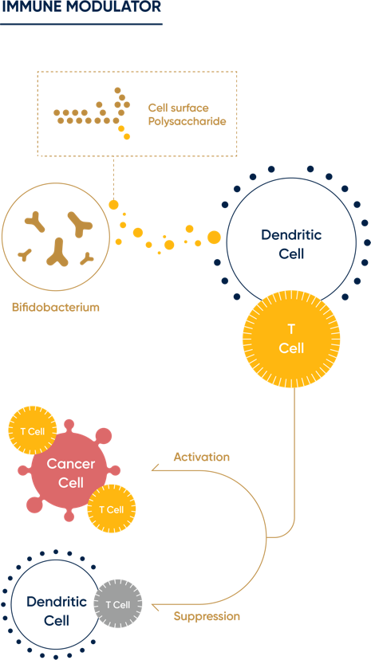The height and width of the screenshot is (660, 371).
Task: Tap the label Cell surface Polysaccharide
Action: [x=187, y=115]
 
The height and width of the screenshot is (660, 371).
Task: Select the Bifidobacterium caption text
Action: [x=55, y=307]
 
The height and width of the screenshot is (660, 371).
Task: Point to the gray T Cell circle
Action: [x=118, y=604]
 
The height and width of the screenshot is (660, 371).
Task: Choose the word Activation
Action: [x=201, y=457]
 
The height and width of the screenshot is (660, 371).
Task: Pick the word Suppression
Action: [x=207, y=616]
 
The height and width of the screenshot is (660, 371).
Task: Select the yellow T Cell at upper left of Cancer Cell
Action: [x=32, y=431]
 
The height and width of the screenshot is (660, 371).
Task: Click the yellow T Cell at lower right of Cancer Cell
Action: [x=111, y=509]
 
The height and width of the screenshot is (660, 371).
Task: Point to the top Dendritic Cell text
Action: [x=291, y=244]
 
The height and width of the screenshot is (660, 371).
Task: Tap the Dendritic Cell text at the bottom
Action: [x=56, y=611]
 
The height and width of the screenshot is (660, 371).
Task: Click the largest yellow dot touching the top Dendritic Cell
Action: [x=214, y=237]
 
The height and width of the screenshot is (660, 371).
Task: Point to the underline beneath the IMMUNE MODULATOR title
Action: [x=80, y=24]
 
